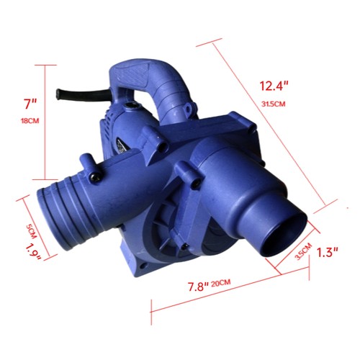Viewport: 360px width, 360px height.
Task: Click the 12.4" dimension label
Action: (274, 86)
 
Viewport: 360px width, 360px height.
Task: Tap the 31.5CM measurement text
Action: (274, 104)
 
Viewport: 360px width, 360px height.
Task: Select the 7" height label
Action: (30, 104)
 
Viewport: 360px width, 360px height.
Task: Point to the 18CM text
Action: (30, 121)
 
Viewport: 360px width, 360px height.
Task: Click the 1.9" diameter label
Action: (34, 252)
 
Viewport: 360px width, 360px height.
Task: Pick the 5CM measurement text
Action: (31, 232)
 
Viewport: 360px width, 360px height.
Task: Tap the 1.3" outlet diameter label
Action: (328, 253)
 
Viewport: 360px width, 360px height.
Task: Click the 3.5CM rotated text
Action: (303, 251)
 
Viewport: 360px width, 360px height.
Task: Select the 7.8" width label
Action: (198, 287)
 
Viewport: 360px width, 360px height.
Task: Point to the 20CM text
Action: (221, 283)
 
